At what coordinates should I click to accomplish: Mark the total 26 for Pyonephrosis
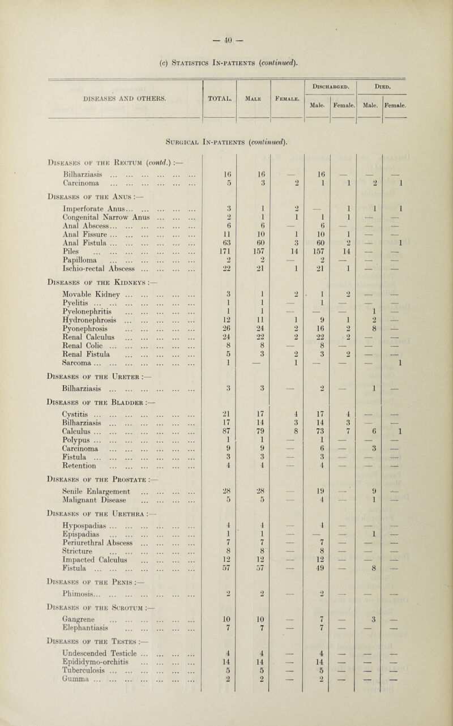pyautogui.click(x=221, y=343)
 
